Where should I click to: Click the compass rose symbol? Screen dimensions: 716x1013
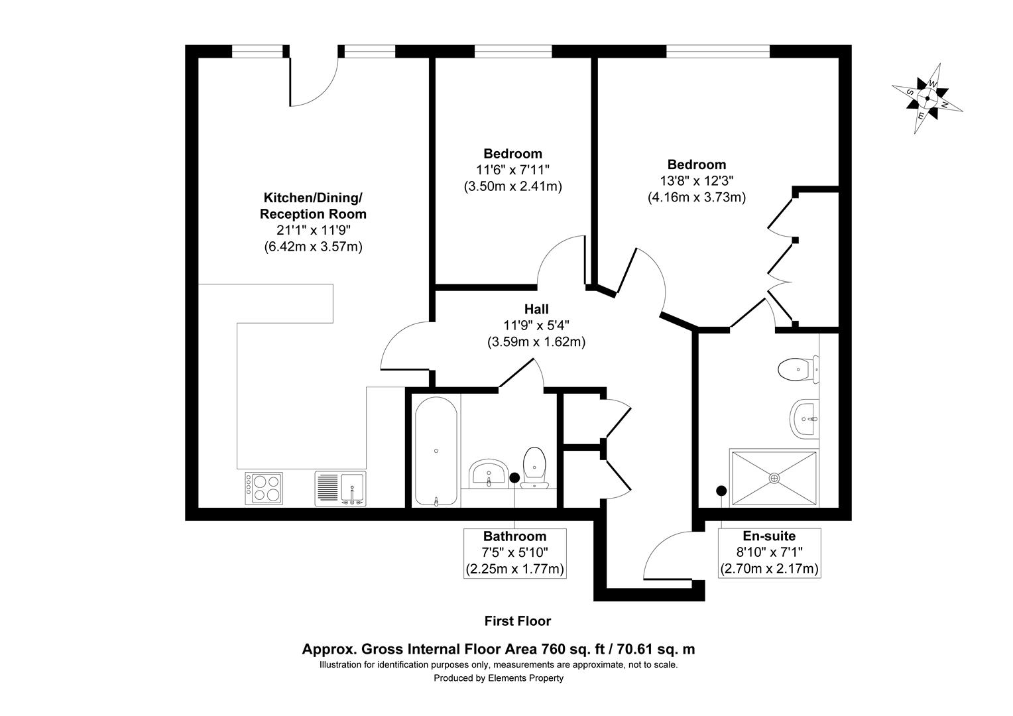point(927,99)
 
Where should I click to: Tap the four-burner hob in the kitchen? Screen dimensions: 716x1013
point(263,488)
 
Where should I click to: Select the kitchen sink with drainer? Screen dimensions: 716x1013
point(340,488)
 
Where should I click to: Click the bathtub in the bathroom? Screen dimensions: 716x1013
point(436,450)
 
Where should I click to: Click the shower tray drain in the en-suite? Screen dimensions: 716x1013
point(774,477)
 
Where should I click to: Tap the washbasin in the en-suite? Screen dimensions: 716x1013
point(804,419)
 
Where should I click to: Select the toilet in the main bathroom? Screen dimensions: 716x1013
point(534,467)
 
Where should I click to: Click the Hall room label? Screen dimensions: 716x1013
point(536,309)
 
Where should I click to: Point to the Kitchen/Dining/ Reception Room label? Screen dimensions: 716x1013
point(313,206)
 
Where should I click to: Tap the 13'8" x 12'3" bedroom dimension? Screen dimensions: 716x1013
point(696,180)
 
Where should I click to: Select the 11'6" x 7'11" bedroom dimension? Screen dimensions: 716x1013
point(512,170)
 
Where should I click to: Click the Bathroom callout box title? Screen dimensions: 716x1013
point(514,536)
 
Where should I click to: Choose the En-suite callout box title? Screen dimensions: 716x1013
point(769,536)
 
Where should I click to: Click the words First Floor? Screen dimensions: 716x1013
point(518,621)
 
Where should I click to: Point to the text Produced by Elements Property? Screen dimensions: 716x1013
point(499,678)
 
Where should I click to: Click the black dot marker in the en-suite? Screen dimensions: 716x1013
point(721,491)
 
